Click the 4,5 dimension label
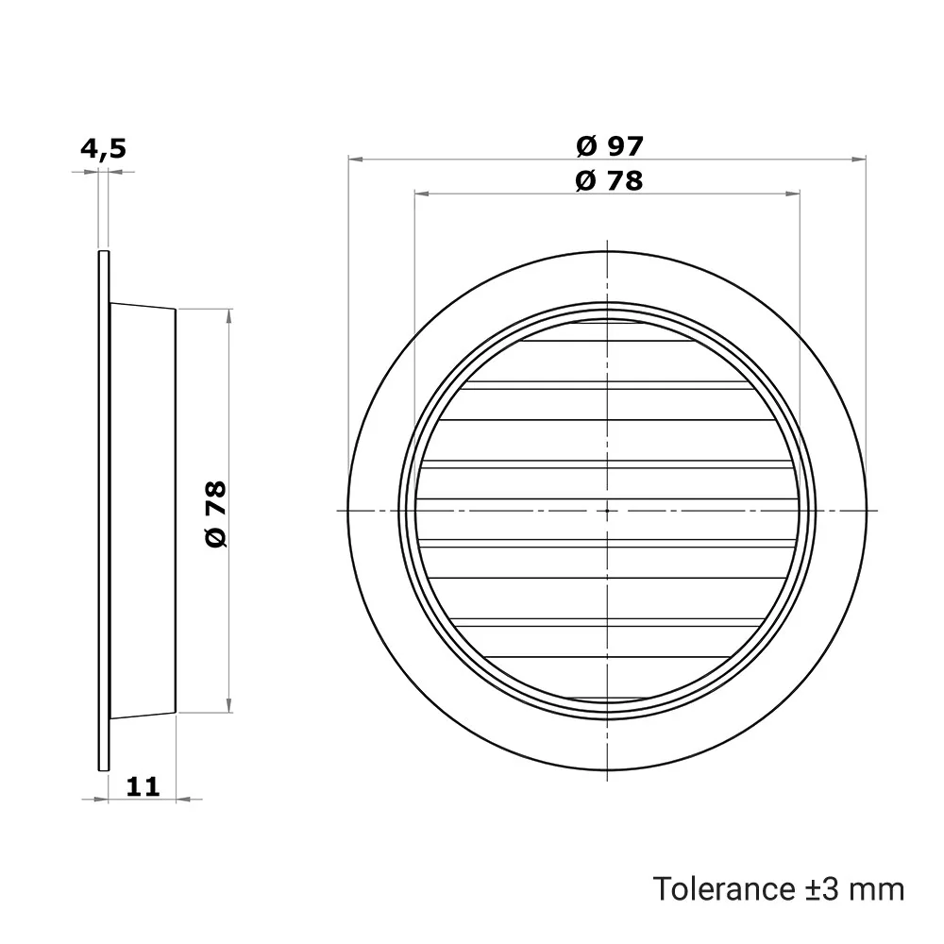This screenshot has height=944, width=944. click(104, 149)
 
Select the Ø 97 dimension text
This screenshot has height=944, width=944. click(610, 146)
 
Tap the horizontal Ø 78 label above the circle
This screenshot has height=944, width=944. click(609, 180)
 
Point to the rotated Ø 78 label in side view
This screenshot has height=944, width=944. click(216, 514)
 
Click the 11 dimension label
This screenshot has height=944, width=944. click(143, 786)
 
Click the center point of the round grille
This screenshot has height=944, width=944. click(607, 511)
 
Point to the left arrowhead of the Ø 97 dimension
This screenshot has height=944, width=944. click(355, 159)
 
